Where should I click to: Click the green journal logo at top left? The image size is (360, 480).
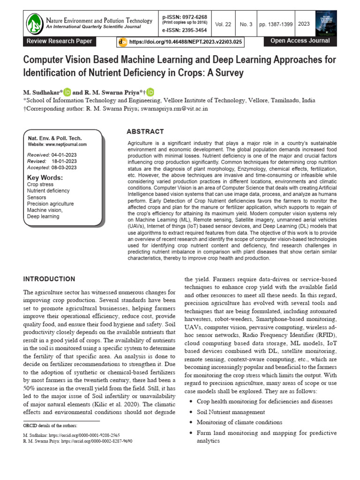[34, 23]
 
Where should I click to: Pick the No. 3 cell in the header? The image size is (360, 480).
[246, 24]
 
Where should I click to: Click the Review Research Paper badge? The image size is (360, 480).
[60, 41]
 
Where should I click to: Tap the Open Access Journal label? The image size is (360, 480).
[300, 41]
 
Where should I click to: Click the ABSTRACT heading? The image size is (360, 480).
[145, 132]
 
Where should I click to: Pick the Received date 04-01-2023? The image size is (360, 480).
[64, 155]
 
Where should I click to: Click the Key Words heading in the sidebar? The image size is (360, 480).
[45, 178]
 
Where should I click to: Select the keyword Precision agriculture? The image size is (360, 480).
[51, 204]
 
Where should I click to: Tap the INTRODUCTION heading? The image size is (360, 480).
[49, 279]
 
